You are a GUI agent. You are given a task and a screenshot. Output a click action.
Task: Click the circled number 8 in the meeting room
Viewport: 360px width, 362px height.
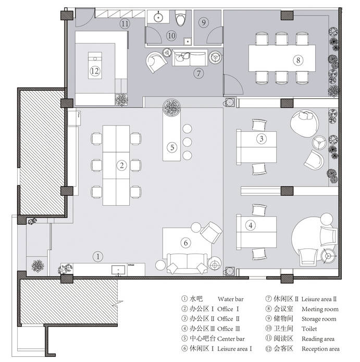point(298,60)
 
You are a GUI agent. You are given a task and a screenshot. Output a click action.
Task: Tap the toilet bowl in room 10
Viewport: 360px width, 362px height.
point(180,18)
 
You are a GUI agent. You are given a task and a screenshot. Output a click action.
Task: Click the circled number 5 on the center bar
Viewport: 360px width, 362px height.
point(172,147)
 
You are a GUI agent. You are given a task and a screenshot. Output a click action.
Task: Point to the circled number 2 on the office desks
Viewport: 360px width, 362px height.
point(122,165)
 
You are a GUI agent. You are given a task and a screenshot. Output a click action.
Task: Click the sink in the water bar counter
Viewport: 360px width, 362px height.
point(118,270)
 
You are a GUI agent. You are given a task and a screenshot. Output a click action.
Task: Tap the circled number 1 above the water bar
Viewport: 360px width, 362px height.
point(98,256)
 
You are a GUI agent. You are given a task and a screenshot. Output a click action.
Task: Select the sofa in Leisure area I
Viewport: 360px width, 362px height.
point(187,264)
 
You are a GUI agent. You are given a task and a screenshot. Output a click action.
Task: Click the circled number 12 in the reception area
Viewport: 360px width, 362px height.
point(95,71)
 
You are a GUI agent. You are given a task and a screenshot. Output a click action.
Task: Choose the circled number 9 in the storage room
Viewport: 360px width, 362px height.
point(203,22)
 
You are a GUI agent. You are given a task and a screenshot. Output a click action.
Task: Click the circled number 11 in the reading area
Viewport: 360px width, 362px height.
point(125,23)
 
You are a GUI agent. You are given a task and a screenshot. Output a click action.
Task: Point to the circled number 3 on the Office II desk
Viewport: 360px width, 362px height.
point(262,139)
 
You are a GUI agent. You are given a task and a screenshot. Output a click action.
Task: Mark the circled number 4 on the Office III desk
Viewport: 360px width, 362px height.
point(251,225)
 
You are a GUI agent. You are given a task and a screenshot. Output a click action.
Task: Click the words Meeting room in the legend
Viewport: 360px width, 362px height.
point(320,309)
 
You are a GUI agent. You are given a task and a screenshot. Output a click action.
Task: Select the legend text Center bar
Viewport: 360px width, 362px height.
point(231,339)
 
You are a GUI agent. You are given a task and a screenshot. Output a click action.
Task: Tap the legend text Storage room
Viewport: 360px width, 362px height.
point(319,319)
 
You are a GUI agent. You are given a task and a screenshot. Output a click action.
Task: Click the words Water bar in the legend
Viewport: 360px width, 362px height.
point(230,299)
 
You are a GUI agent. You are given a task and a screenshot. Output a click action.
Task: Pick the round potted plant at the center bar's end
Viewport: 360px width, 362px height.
point(171,107)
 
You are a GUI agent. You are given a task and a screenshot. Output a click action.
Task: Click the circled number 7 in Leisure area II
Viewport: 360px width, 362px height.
point(198,73)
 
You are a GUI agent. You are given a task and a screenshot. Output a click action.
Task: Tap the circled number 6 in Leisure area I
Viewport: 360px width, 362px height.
point(185,243)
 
